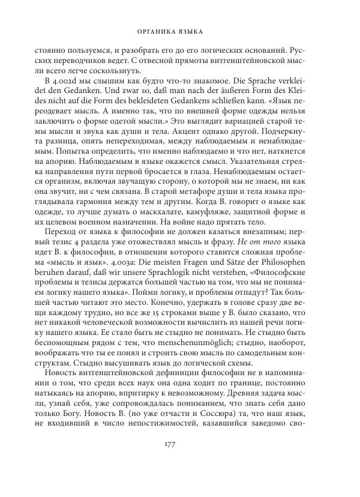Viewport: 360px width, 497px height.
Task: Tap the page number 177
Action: point(179,460)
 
